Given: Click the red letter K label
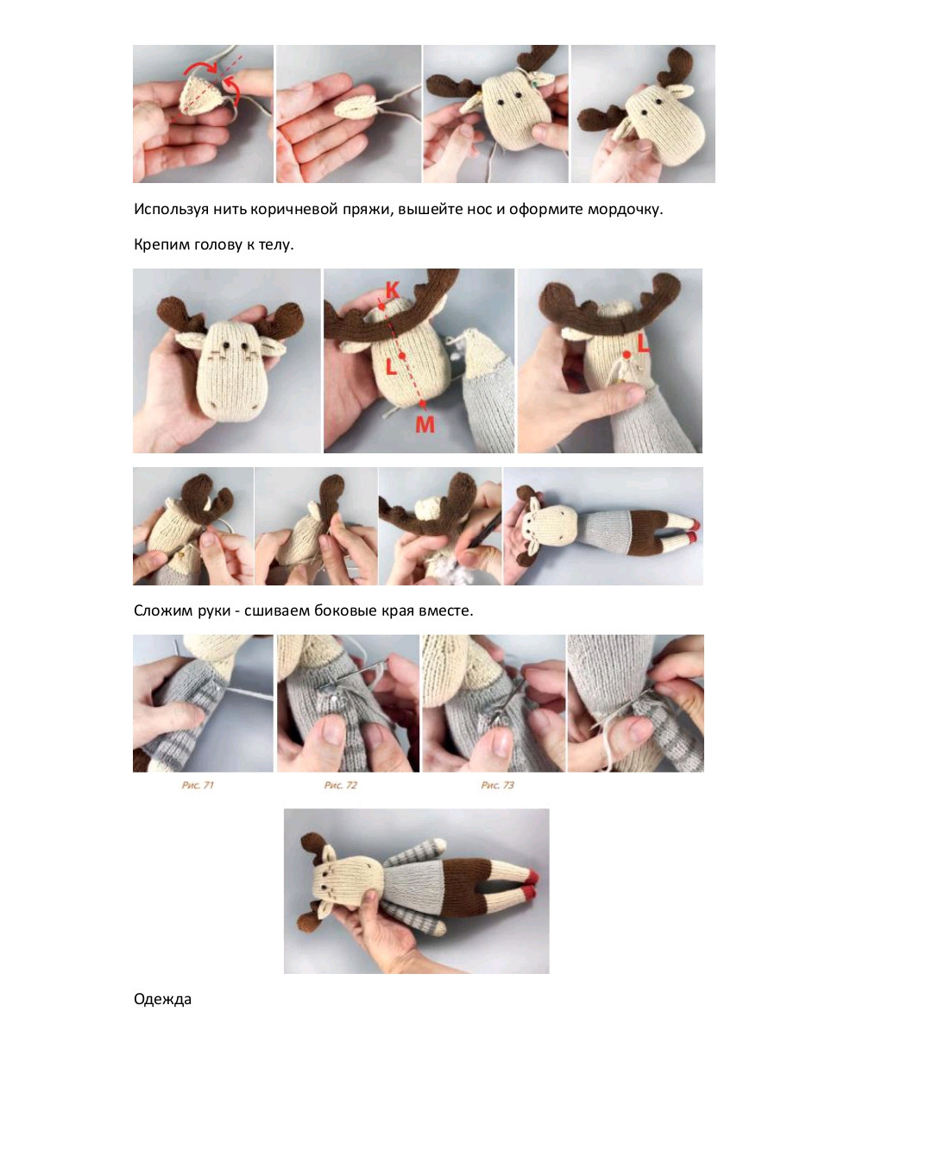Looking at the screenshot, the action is tap(393, 290).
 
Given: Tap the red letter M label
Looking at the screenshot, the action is tap(425, 425).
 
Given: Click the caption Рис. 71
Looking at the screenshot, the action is tap(198, 785).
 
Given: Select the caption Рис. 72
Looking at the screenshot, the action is tap(341, 785).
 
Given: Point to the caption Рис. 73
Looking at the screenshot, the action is tap(498, 785).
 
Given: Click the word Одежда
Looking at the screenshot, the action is tap(162, 1000).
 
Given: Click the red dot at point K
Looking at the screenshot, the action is tap(381, 307).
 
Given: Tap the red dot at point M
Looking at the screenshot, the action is tap(423, 404).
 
